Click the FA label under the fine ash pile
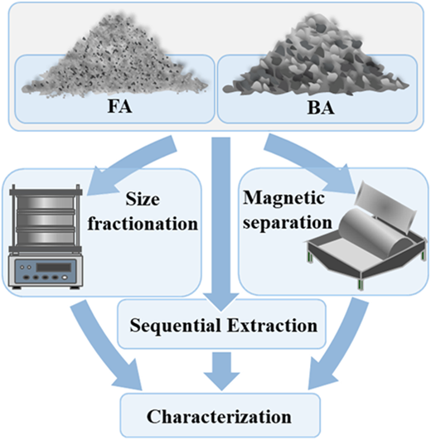pos(120,107)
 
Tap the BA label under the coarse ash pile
pos(321,108)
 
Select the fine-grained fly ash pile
pos(114,56)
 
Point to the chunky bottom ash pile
pos(316,55)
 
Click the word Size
pos(143,200)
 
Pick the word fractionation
pos(143,224)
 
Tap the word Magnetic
pos(283,199)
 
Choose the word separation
pos(288,223)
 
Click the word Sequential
pos(175,326)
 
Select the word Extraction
pos(272,326)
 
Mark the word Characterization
pos(219,417)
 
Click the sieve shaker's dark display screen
pos(53,267)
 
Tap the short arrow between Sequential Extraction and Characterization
pos(221,371)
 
